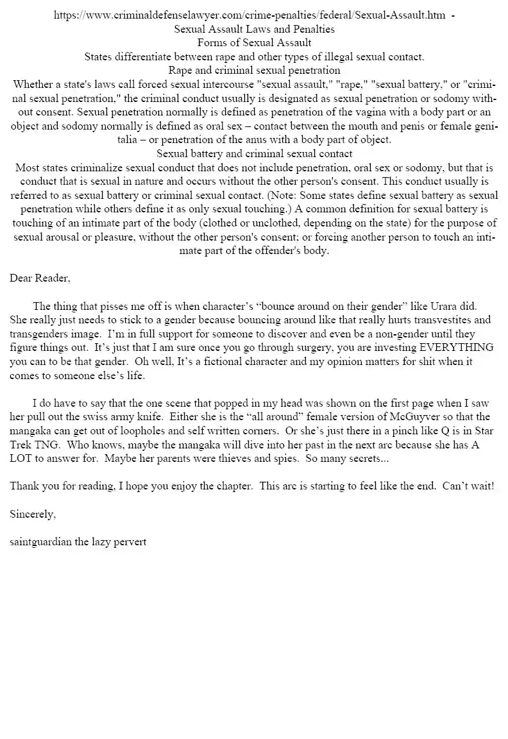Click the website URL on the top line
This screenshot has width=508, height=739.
250,15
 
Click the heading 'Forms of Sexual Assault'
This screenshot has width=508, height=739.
254,42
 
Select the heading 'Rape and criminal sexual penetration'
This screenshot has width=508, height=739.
254,70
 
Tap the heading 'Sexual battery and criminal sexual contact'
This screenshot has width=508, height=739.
254,154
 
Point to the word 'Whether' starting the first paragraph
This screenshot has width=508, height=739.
33,84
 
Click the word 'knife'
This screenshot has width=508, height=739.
142,417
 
